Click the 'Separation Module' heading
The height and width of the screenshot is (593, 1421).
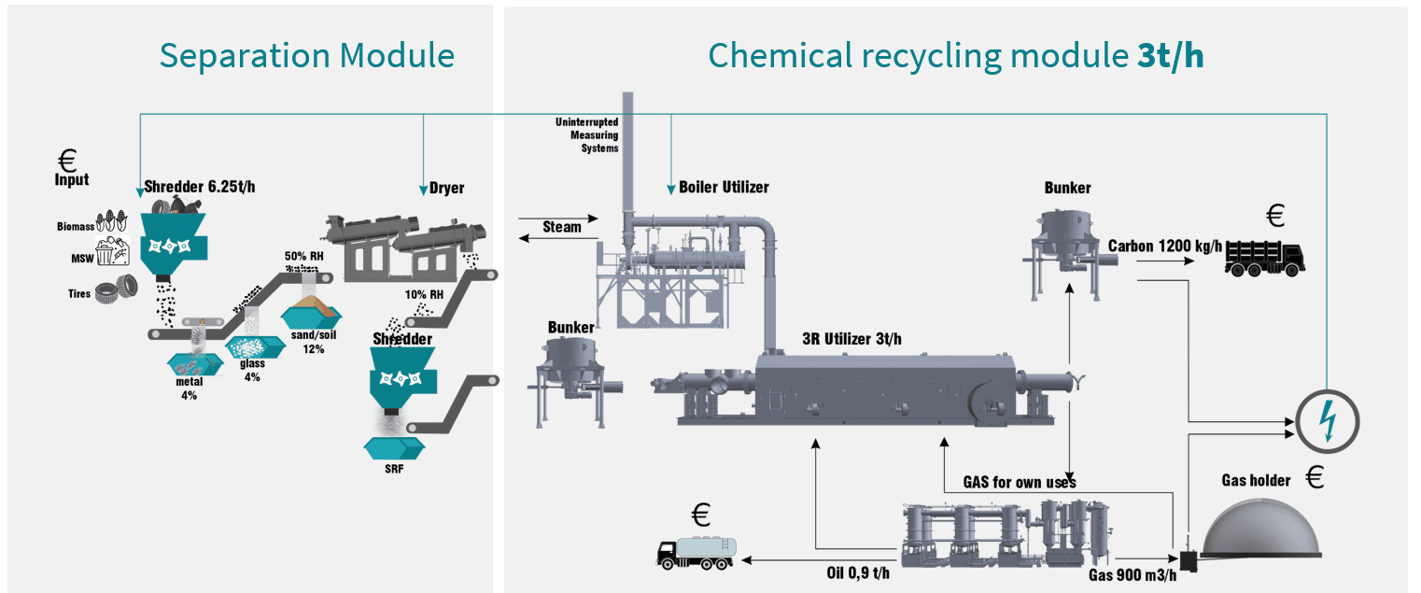(306, 56)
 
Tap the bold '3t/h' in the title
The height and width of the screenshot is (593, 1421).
(1170, 56)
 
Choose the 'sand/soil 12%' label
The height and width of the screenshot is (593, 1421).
(313, 343)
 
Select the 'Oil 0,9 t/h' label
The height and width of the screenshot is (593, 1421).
(858, 572)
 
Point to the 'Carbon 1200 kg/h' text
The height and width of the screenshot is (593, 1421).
(1164, 246)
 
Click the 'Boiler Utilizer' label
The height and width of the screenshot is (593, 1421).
(724, 187)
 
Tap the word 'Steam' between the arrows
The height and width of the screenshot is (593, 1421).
(562, 226)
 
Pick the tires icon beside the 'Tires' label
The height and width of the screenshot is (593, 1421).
(115, 292)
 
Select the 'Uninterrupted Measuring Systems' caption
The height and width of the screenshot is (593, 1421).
(587, 135)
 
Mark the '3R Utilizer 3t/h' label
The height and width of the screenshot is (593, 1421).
(851, 339)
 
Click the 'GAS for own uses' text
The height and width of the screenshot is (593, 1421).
(1020, 482)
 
